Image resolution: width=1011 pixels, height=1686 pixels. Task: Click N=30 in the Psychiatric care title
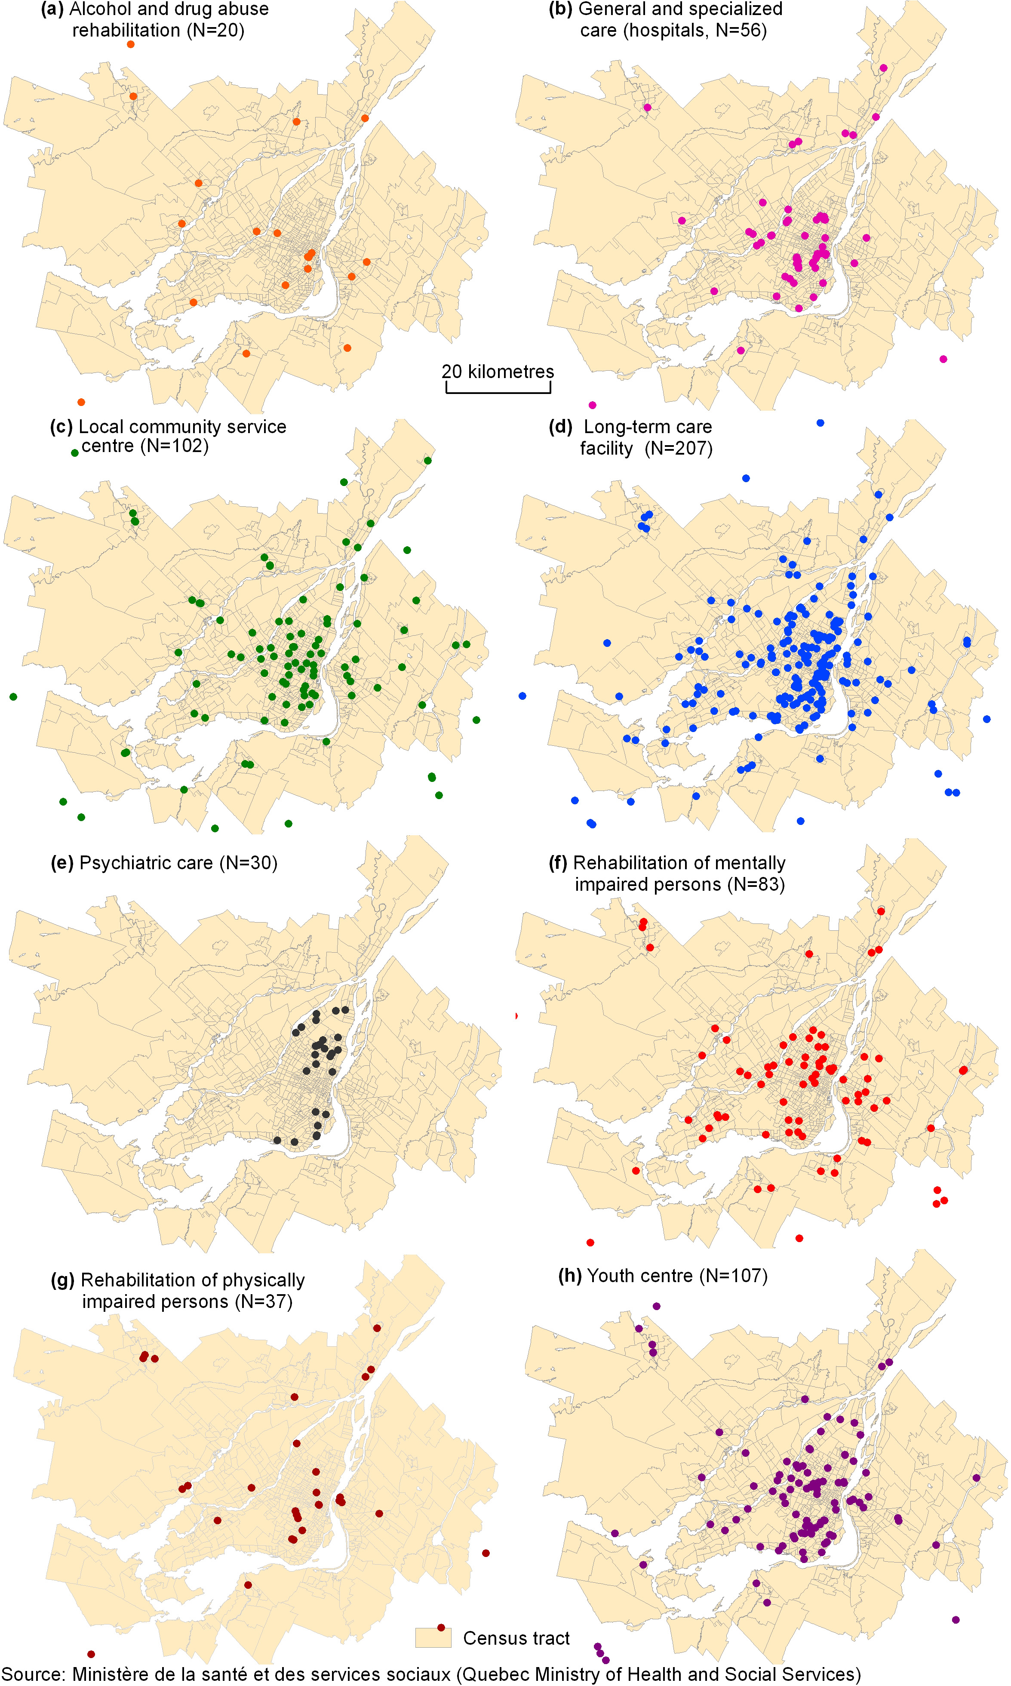coord(248,863)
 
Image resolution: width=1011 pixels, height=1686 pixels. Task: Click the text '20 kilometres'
coord(498,372)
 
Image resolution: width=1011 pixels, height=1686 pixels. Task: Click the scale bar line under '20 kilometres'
coord(498,392)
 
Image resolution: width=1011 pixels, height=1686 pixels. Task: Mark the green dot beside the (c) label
coord(75,453)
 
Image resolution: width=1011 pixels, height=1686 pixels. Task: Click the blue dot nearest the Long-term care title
coord(820,423)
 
